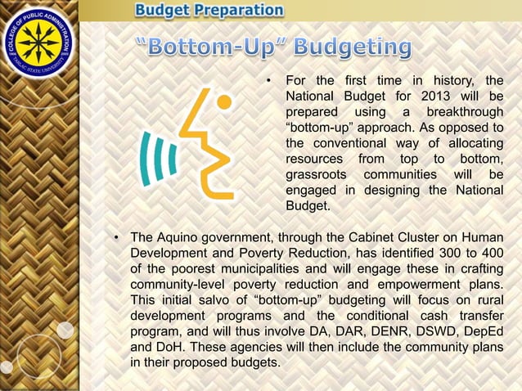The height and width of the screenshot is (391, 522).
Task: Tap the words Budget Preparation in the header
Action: point(209,11)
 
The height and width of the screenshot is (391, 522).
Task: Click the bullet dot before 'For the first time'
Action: point(268,80)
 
